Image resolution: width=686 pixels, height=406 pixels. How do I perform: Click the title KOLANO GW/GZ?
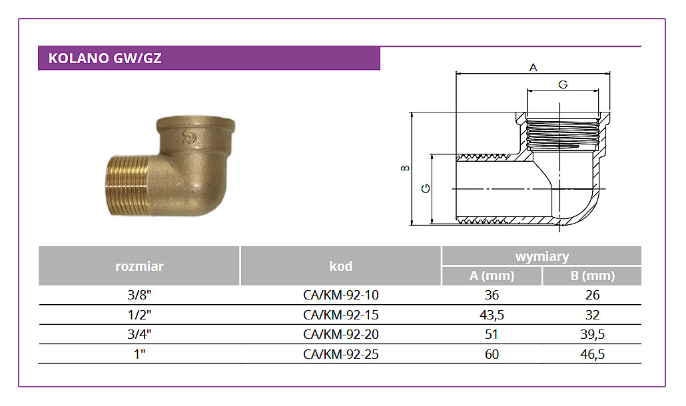tap(105, 59)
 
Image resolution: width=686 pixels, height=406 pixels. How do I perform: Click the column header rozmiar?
tap(139, 266)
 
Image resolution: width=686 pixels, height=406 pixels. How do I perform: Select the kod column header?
tap(340, 266)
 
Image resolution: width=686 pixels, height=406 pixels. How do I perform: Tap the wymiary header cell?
tap(541, 256)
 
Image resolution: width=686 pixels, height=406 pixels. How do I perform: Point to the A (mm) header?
tap(492, 276)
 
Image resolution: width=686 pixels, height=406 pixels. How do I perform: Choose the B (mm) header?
tap(592, 276)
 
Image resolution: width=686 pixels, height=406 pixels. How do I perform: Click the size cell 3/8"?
tap(139, 295)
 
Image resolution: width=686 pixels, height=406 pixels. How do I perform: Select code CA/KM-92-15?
tap(341, 315)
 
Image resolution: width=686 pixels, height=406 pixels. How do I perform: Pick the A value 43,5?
tap(492, 315)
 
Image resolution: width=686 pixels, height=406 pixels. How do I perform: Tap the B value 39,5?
tap(592, 334)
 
